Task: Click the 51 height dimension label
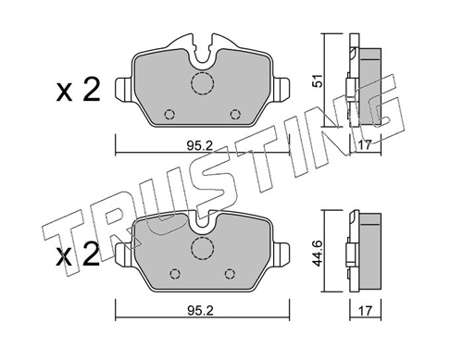(319, 81)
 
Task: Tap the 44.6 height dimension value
(319, 254)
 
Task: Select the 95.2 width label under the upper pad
(200, 145)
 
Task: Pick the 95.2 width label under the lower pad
(200, 311)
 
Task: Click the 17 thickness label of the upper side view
(366, 145)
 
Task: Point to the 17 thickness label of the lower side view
(366, 311)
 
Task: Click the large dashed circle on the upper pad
(202, 83)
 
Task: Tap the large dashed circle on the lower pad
(202, 249)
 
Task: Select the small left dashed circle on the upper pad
(169, 115)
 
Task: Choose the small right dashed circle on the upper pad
(235, 115)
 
